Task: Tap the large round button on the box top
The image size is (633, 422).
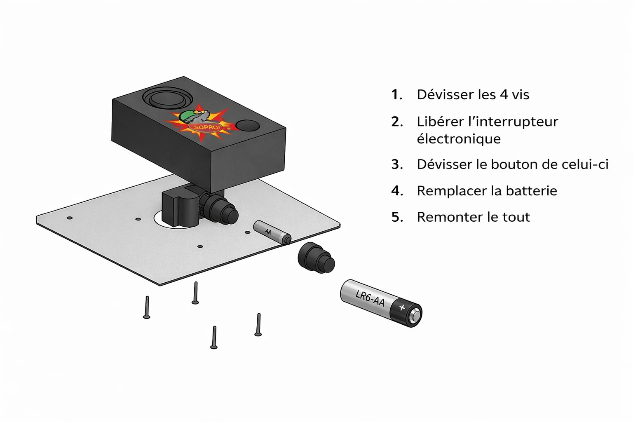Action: pos(167,98)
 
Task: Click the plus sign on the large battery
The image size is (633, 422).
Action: pos(402,307)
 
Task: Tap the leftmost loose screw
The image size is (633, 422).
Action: pos(147,307)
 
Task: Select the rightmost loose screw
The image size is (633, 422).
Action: pos(258,324)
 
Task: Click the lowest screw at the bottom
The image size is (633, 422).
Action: pos(214,337)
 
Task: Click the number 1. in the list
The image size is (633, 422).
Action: pos(396,95)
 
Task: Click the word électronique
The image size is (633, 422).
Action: pos(459,139)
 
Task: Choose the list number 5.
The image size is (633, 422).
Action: pos(397,217)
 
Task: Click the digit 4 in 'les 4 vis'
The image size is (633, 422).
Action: pos(504,95)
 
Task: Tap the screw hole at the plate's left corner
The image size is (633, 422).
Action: pos(70,218)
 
